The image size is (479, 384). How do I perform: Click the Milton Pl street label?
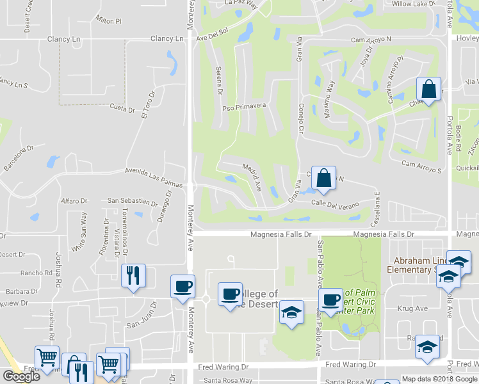pyautogui.click(x=108, y=21)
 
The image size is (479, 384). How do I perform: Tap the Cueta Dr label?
pyautogui.click(x=122, y=109)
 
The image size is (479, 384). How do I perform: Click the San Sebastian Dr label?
pyautogui.click(x=132, y=202)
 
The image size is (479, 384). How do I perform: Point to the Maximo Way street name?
pyautogui.click(x=329, y=99)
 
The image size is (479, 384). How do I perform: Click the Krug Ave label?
pyautogui.click(x=411, y=308)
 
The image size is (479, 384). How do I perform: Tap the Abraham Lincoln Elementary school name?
pyautogui.click(x=413, y=265)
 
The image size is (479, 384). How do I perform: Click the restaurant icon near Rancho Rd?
pyautogui.click(x=133, y=276)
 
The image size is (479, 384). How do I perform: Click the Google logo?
pyautogui.click(x=22, y=376)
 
